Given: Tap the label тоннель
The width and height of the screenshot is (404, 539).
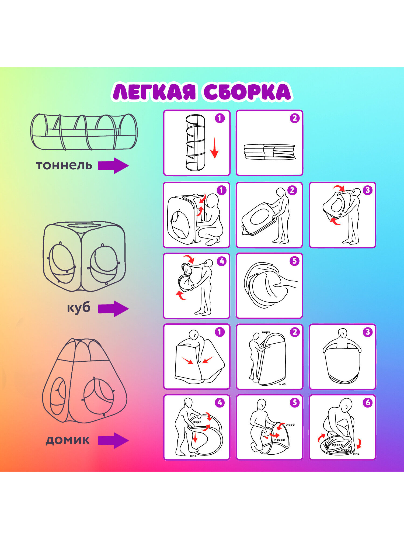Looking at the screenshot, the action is tap(64, 165).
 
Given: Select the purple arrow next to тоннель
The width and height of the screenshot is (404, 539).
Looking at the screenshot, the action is tap(113, 165).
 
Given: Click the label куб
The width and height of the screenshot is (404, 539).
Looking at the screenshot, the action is tap(79, 308).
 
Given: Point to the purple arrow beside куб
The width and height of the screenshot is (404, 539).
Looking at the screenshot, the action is tap(113, 309).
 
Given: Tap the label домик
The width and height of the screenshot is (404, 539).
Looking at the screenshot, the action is tap(67, 440).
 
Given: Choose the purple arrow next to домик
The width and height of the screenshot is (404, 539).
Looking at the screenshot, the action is tap(113, 441).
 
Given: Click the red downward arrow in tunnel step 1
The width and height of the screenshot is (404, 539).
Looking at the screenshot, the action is tap(214, 148).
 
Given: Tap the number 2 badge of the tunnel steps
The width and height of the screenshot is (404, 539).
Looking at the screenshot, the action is tap(294, 118).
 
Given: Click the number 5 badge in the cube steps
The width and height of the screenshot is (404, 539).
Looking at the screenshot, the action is tap(294, 261).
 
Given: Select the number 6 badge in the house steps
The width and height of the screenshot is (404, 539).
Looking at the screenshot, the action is tap(367, 403).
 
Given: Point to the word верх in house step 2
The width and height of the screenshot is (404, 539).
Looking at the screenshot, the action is tap(266, 332).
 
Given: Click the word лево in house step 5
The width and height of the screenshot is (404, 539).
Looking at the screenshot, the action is tap(290, 425).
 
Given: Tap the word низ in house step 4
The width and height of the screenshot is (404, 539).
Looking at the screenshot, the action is tap(193, 456).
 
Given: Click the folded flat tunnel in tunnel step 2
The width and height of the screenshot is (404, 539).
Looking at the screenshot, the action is tap(270, 152).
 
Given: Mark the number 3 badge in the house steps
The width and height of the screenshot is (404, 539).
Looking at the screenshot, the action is tap(367, 332).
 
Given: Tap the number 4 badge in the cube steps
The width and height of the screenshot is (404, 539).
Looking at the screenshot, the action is tap(221, 261).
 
